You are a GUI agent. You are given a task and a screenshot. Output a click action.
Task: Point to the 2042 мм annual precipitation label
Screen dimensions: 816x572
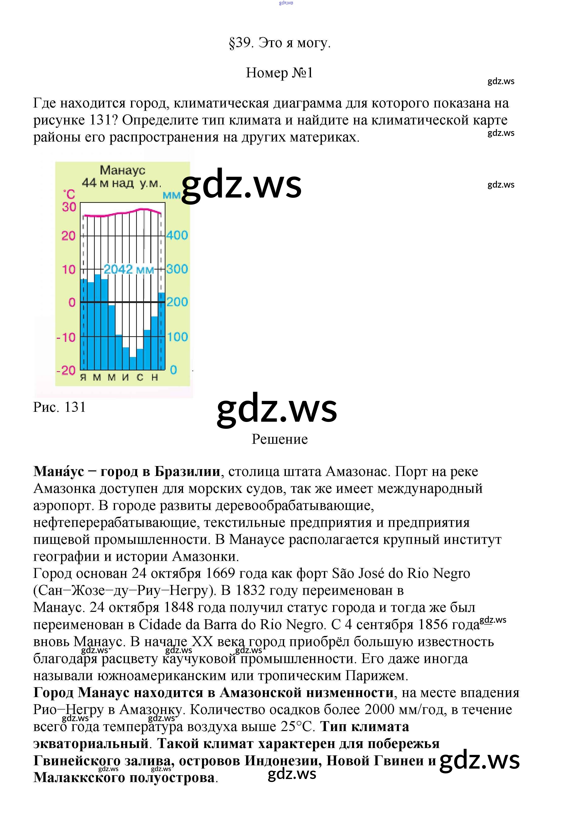click(128, 269)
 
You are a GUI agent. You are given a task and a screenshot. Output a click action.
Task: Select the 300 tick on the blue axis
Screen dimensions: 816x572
click(177, 269)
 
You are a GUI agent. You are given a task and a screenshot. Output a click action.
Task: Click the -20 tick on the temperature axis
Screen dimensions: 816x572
click(66, 370)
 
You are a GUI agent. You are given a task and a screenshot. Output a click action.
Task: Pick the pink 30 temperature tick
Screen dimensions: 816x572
click(69, 207)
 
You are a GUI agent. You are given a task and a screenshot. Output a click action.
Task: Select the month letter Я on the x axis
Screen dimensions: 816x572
click(83, 377)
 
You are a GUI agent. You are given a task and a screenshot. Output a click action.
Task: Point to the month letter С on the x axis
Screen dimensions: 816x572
click(140, 377)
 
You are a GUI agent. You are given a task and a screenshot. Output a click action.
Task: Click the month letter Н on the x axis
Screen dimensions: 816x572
click(155, 377)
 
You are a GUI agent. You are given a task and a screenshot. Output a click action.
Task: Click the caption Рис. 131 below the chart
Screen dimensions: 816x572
click(59, 407)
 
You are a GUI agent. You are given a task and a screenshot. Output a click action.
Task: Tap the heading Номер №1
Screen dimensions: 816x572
click(279, 73)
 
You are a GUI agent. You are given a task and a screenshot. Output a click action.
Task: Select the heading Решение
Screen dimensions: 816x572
click(279, 439)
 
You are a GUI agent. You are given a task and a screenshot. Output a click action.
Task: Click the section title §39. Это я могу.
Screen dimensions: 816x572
click(280, 43)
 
